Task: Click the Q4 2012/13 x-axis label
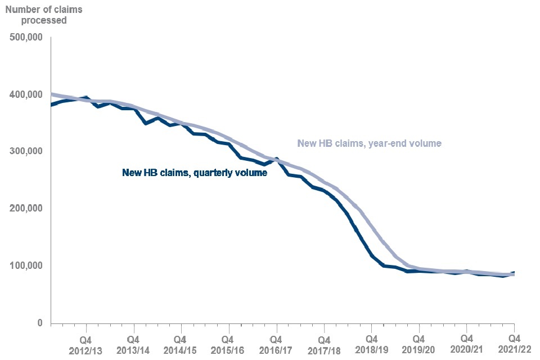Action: click(x=86, y=344)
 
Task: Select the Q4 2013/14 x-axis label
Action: click(x=134, y=344)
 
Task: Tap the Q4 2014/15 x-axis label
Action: click(x=181, y=344)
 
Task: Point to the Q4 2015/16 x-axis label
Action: click(x=228, y=344)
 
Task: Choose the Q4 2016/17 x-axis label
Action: click(x=276, y=344)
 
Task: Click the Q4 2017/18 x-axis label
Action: click(x=323, y=344)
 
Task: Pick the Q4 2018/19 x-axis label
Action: click(x=371, y=344)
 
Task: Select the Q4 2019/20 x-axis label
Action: click(x=418, y=344)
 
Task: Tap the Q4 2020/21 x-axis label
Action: click(x=466, y=344)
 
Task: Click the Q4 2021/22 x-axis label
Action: click(x=513, y=344)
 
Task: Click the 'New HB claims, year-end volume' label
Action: click(x=369, y=143)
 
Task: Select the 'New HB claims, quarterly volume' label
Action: click(x=195, y=173)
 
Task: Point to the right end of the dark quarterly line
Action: click(x=514, y=273)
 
